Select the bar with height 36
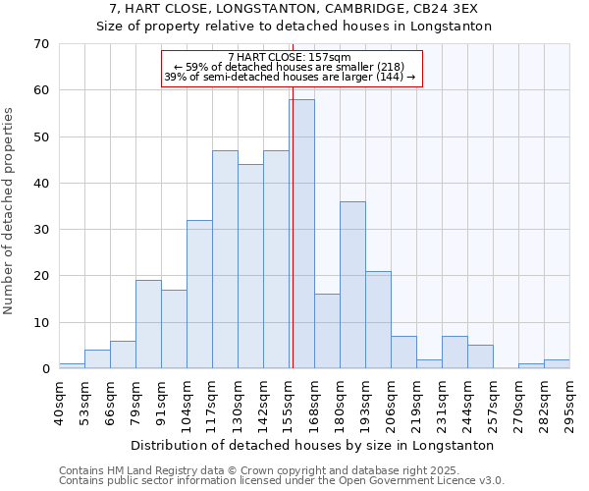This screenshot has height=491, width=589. [x=352, y=285]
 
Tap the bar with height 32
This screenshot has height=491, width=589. [x=199, y=294]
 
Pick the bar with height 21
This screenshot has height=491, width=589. [x=378, y=319]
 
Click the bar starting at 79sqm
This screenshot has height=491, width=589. [x=148, y=324]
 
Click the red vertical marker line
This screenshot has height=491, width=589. [x=293, y=196]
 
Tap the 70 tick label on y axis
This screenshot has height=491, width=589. [x=40, y=44]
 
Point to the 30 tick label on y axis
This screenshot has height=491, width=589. [x=40, y=230]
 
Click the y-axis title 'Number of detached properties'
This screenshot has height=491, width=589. [x=10, y=211]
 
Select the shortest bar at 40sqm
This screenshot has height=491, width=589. [x=72, y=366]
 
